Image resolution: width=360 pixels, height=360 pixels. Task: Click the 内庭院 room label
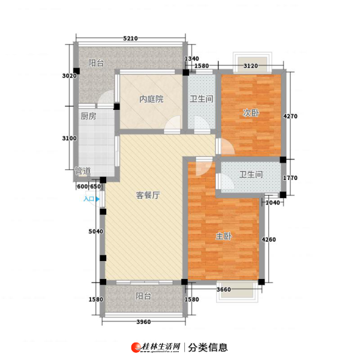[x=151, y=99]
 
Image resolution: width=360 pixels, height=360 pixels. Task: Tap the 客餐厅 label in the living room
[x=148, y=196]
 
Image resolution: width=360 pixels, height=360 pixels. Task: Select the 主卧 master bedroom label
[x=224, y=236]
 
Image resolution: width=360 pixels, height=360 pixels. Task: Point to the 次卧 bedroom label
[x=251, y=113]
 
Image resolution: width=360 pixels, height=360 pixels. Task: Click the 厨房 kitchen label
[x=88, y=116]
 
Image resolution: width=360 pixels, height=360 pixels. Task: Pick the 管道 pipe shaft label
[x=83, y=171]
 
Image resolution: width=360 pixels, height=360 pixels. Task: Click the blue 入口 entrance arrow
[x=98, y=199]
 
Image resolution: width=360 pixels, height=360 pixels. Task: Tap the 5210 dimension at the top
[x=130, y=38]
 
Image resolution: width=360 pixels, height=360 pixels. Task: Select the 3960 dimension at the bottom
[x=144, y=322]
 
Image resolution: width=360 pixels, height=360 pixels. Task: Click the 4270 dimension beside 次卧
[x=290, y=116]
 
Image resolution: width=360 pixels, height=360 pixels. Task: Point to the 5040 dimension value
[x=96, y=232]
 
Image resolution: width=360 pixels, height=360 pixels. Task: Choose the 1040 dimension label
[x=273, y=203]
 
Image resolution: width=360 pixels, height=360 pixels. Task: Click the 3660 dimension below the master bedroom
[x=224, y=290]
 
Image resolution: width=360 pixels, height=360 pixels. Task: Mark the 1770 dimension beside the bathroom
[x=290, y=178]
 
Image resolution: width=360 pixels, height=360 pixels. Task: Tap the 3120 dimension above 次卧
[x=251, y=66]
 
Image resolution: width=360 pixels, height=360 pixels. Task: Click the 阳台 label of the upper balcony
[x=96, y=63]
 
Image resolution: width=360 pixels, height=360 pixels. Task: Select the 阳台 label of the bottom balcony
[x=143, y=296]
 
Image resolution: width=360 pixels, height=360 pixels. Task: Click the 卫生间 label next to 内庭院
[x=202, y=99]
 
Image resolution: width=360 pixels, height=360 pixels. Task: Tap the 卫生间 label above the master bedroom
[x=251, y=175]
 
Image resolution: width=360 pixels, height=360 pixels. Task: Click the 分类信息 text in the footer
[x=208, y=347]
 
